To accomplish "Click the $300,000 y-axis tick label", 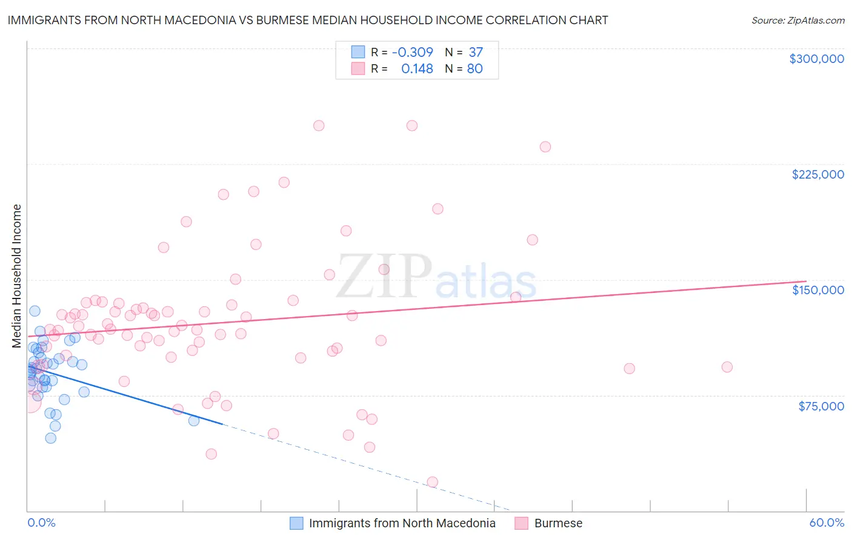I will point(816,59).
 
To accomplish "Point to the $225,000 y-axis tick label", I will point(817,174).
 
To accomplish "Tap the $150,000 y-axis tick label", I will point(817,290).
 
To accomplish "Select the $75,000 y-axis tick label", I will point(820,406).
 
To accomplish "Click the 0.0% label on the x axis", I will point(41,523).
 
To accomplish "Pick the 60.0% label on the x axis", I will point(827,523).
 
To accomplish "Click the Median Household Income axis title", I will point(17,276).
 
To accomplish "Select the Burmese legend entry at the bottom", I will point(557,523).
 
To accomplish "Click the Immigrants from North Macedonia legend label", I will point(402,523).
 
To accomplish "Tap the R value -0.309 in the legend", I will point(412,52).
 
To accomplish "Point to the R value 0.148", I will point(417,69).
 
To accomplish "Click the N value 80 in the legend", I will point(474,69).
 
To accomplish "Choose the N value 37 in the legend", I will point(476,52).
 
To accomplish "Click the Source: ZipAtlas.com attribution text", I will point(797,21).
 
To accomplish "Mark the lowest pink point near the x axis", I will point(432,482).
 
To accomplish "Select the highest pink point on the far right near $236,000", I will point(545,147).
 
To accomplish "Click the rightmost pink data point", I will point(727,367).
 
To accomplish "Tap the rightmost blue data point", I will point(194,421).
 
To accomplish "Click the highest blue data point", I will point(35,311).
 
